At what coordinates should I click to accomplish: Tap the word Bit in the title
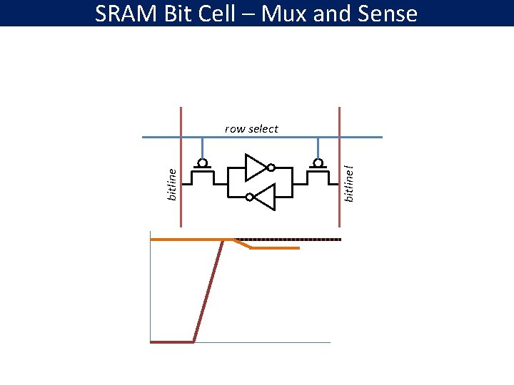[x=177, y=13]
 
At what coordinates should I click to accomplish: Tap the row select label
[x=251, y=129]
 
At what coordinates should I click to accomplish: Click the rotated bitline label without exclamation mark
[x=171, y=183]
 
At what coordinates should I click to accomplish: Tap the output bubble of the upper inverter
[x=271, y=168]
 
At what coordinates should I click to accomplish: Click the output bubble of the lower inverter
[x=248, y=196]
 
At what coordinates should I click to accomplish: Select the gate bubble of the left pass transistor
[x=203, y=163]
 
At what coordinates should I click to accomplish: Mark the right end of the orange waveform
[x=297, y=248]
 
